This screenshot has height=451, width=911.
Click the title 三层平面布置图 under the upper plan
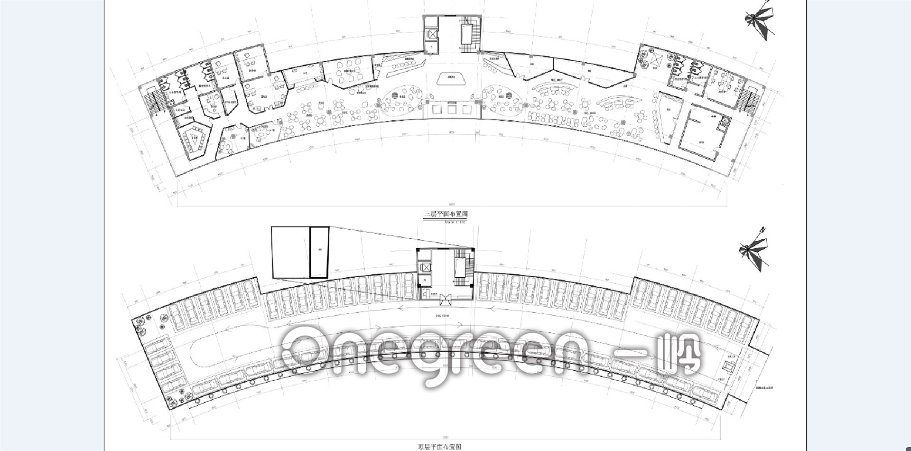point(446,215)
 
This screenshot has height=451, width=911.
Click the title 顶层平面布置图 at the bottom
point(439,447)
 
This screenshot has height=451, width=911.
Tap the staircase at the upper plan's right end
point(749,99)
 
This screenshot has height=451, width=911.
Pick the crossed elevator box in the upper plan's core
point(432,34)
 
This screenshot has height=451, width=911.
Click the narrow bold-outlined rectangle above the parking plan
point(319,252)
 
